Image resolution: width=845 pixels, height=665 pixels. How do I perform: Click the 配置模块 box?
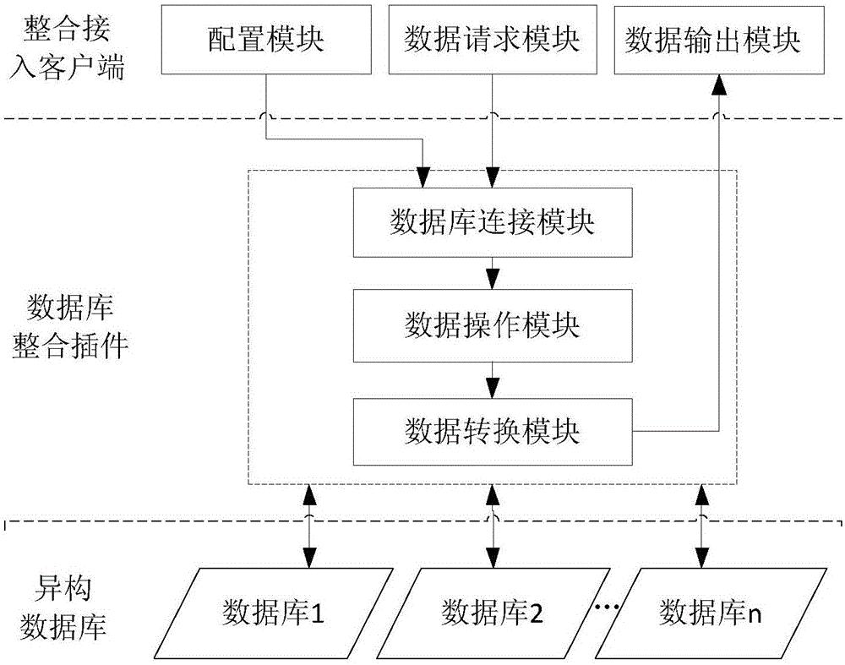coord(267,39)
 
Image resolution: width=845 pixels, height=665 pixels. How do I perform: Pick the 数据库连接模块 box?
coord(492,222)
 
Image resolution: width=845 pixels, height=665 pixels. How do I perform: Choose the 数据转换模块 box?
coord(492,431)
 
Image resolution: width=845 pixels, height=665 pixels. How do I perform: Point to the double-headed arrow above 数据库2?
coord(492,526)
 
